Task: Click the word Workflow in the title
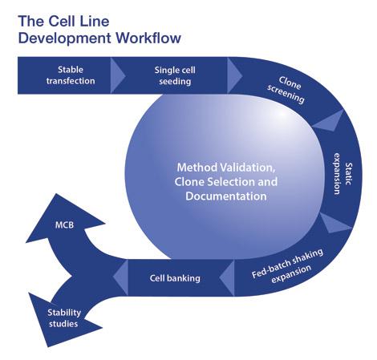point(148,38)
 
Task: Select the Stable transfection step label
point(71,75)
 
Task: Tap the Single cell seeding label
point(175,75)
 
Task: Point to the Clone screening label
point(287,90)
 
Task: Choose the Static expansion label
point(343,174)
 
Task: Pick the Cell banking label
point(175,278)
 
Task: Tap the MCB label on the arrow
point(64,225)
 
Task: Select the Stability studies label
point(64,318)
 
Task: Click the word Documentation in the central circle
point(226,196)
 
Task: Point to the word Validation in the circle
point(248,168)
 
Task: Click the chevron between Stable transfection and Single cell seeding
point(117,75)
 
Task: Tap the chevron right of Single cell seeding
point(234,75)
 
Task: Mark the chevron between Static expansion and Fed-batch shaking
point(334,223)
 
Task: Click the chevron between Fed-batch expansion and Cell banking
point(227,277)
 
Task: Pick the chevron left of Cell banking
point(120,277)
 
